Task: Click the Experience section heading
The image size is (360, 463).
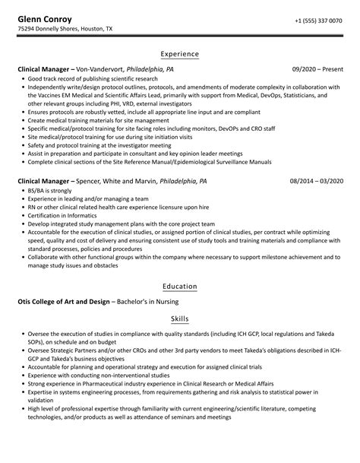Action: [x=180, y=54]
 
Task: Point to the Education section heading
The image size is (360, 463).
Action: [x=180, y=286]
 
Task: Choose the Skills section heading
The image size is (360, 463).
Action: [x=180, y=319]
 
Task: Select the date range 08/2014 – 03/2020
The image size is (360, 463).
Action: [x=316, y=182]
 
